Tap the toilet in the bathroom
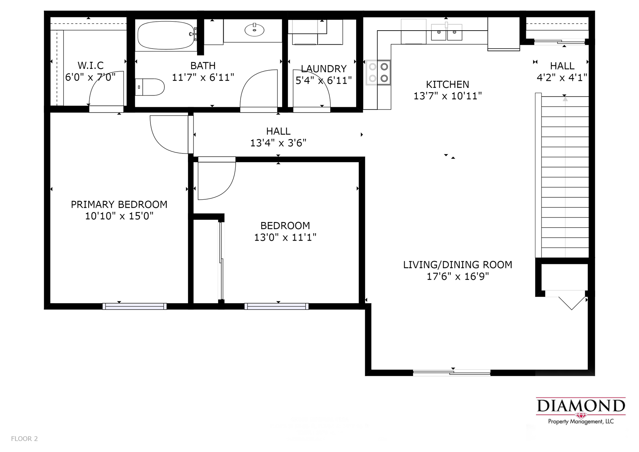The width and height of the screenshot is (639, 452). pyautogui.click(x=150, y=87)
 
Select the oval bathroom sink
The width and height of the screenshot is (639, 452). pyautogui.click(x=254, y=30)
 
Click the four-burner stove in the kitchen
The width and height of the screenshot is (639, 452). pyautogui.click(x=378, y=72)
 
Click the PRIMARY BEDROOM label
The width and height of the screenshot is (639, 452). pyautogui.click(x=119, y=204)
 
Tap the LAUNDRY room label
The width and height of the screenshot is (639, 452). pyautogui.click(x=324, y=69)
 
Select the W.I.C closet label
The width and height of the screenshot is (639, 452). pyautogui.click(x=91, y=65)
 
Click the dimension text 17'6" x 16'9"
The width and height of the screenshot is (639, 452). pyautogui.click(x=458, y=276)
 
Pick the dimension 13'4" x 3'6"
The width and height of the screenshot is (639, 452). pyautogui.click(x=278, y=143)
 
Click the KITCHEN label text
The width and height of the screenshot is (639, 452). pyautogui.click(x=448, y=84)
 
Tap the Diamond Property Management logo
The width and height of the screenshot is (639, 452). pyautogui.click(x=581, y=411)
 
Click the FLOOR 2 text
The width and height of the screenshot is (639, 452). pyautogui.click(x=24, y=439)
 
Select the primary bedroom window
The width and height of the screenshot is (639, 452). pyautogui.click(x=134, y=306)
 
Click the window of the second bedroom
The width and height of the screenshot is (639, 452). pyautogui.click(x=277, y=306)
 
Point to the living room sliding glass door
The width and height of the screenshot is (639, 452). pyautogui.click(x=452, y=373)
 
